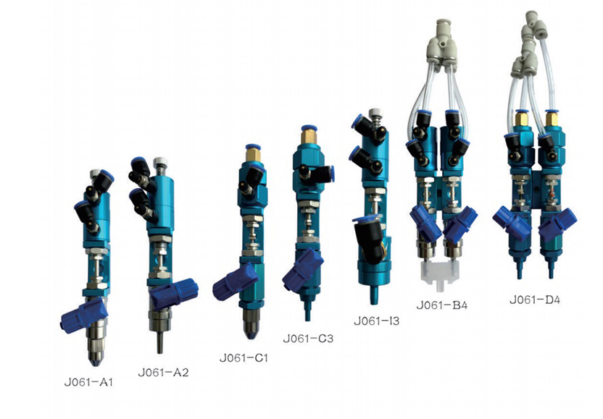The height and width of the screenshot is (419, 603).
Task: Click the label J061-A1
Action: tap(88, 382)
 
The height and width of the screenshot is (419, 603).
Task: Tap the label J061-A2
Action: tap(164, 373)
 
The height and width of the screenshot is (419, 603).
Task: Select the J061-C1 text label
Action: tap(244, 358)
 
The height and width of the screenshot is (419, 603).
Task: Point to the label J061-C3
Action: tap(308, 339)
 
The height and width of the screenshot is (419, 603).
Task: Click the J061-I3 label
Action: tap(377, 321)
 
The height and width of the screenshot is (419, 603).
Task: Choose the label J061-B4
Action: tap(442, 305)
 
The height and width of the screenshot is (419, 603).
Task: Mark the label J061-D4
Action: tap(535, 300)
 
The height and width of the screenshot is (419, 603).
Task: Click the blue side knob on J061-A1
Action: tap(83, 316)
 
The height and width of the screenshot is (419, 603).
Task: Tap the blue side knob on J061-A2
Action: tap(174, 294)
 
